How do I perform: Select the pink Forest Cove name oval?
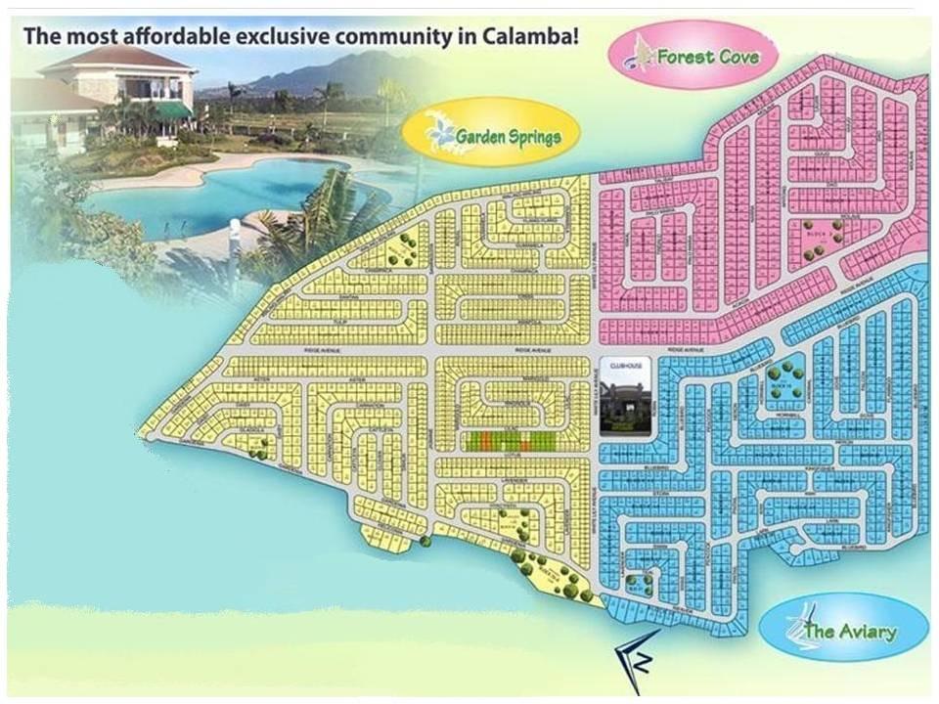(x=692, y=56)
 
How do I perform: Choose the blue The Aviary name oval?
(x=843, y=629)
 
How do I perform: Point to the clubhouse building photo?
(x=621, y=403)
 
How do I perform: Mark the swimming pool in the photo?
(x=225, y=191)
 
